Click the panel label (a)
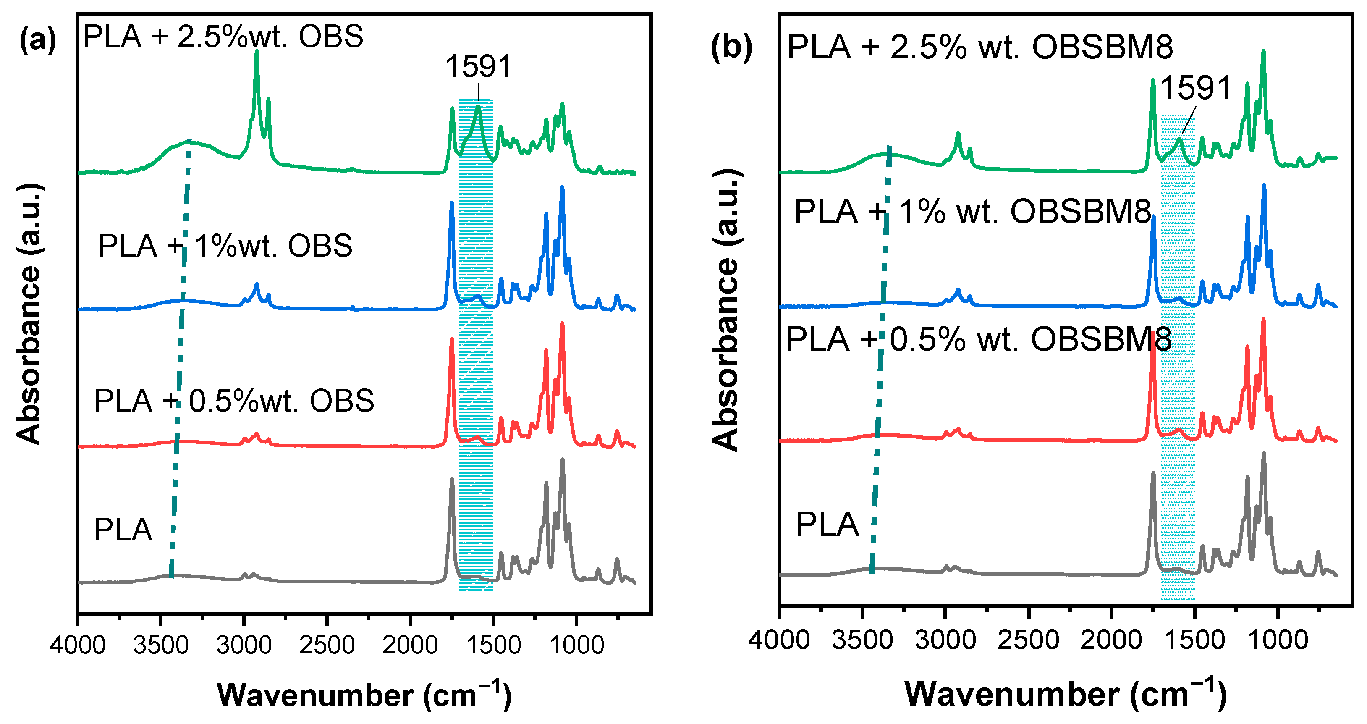(x=37, y=39)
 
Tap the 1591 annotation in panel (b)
(x=1195, y=88)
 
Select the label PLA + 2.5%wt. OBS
(x=223, y=37)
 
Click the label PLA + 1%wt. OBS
(x=225, y=246)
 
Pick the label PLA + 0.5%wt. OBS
(x=234, y=401)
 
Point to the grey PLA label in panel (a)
(x=123, y=530)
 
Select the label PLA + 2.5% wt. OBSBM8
(x=979, y=47)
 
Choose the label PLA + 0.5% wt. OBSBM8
(x=979, y=340)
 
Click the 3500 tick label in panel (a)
(x=161, y=645)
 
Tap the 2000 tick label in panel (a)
(x=410, y=645)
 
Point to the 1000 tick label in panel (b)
(x=1277, y=640)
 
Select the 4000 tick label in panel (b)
(x=779, y=640)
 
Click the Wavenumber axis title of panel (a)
(x=364, y=695)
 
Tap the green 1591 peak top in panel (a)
(x=478, y=106)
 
